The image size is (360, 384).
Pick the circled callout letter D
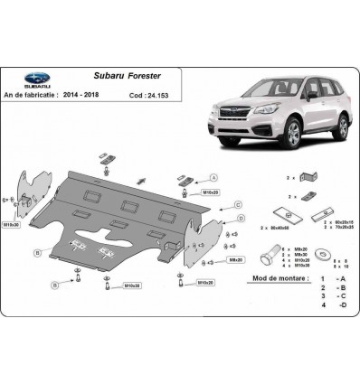241,219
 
